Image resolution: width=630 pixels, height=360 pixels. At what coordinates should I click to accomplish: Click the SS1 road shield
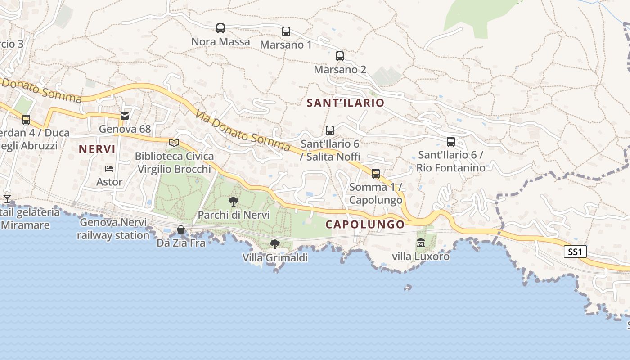click(x=575, y=252)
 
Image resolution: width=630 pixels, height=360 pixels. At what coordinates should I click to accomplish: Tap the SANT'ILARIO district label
click(x=346, y=103)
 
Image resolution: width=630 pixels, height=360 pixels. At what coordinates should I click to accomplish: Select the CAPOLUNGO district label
click(x=365, y=224)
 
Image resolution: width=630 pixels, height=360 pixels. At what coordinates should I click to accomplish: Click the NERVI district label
click(x=97, y=149)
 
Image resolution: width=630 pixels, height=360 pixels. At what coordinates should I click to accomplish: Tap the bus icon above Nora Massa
click(x=220, y=28)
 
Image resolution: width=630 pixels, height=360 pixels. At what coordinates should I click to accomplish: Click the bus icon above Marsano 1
click(x=286, y=31)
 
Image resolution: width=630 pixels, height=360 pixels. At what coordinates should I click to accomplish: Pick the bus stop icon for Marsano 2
click(x=340, y=56)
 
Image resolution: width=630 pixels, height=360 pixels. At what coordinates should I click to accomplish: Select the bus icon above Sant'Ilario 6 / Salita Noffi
click(x=330, y=130)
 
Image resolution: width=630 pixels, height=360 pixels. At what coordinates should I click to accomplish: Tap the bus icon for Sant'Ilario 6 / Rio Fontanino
click(x=451, y=142)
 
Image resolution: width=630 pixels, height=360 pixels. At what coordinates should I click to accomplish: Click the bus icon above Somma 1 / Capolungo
click(x=376, y=174)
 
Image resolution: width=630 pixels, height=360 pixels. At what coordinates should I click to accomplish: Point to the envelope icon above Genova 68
click(x=125, y=116)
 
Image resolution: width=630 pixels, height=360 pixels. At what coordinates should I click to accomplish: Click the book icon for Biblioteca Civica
click(x=174, y=143)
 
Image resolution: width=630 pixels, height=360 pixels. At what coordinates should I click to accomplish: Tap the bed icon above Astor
click(x=109, y=169)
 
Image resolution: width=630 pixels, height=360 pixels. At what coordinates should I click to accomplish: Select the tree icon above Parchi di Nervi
click(x=233, y=201)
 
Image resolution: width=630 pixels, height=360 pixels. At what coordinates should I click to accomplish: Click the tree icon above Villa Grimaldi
click(x=274, y=244)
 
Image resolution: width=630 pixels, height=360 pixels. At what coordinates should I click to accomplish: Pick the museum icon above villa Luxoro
click(x=421, y=243)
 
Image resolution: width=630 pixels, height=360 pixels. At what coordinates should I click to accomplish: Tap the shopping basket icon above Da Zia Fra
click(x=181, y=229)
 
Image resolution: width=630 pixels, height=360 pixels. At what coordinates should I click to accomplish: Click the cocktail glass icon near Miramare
click(x=7, y=198)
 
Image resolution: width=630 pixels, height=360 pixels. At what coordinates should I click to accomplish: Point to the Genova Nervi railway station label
click(x=113, y=229)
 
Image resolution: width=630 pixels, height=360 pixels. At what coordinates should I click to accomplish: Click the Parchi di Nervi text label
click(x=234, y=215)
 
